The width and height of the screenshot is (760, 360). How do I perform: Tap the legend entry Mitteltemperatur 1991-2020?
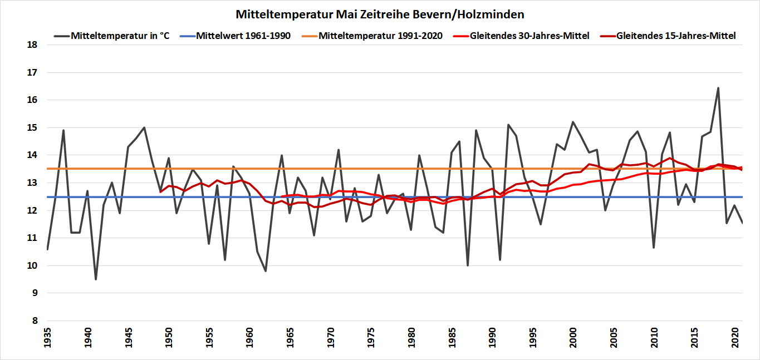(380, 36)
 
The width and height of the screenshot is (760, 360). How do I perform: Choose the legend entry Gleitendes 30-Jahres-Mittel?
(529, 36)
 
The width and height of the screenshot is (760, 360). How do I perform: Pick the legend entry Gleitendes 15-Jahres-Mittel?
(676, 36)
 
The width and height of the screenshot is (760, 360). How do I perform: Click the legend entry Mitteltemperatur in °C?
(120, 36)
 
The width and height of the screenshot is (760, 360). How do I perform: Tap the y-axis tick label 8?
(34, 321)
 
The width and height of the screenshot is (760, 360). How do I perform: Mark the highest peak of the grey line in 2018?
(718, 88)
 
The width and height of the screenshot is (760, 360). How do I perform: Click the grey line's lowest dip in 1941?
(96, 279)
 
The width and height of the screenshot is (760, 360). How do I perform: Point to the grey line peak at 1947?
(144, 127)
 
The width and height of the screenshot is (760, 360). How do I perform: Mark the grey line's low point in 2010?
(654, 248)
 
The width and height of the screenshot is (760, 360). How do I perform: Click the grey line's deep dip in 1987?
(468, 265)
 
